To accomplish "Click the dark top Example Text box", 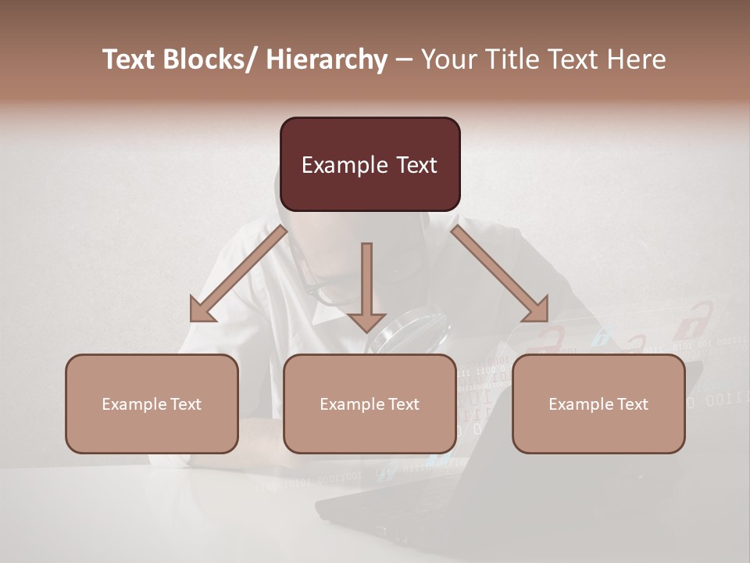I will (x=370, y=164).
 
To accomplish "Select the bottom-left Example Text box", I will (x=152, y=403).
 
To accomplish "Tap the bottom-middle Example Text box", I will (x=370, y=403).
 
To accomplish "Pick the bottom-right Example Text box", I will (x=598, y=403).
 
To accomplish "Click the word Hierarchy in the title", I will (x=327, y=59).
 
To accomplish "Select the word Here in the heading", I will (x=637, y=59).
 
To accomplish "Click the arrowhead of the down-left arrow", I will (x=202, y=310).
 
